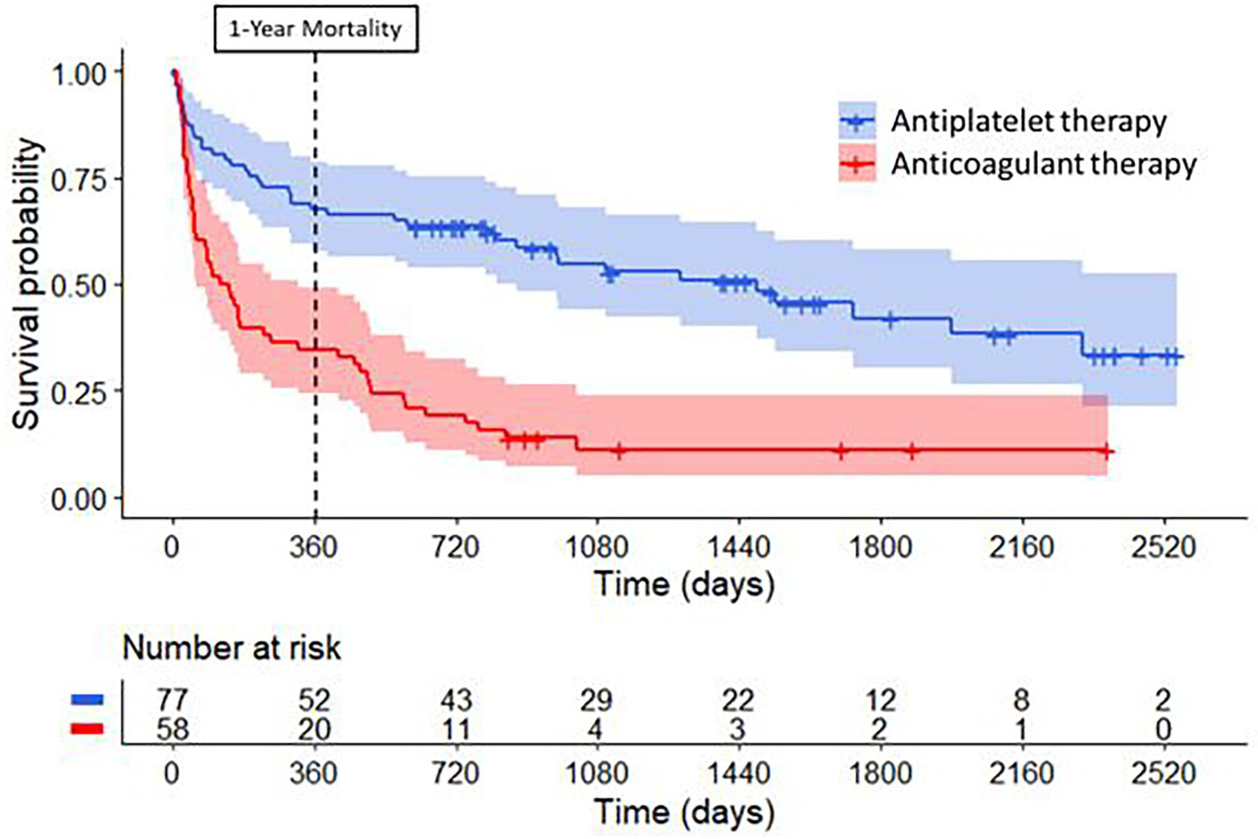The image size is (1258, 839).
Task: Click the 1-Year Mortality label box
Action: (x=315, y=29)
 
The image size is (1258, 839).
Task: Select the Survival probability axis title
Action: (x=27, y=284)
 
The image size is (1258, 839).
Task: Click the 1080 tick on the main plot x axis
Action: (x=598, y=547)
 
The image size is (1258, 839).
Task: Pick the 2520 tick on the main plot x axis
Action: (x=1163, y=547)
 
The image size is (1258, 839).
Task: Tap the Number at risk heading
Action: (x=231, y=648)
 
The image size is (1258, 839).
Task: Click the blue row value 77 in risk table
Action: (x=173, y=701)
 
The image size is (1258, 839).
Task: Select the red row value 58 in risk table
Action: (x=173, y=729)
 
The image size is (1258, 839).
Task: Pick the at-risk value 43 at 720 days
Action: (x=456, y=701)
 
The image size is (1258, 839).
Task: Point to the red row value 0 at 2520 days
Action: (x=1163, y=729)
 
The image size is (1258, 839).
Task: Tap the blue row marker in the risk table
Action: (x=87, y=700)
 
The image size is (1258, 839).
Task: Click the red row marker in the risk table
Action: (x=87, y=729)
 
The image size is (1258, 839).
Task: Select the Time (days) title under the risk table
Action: (x=683, y=812)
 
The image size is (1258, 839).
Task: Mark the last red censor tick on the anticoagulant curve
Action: (x=1106, y=451)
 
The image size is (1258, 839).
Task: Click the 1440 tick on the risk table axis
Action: (x=738, y=773)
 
